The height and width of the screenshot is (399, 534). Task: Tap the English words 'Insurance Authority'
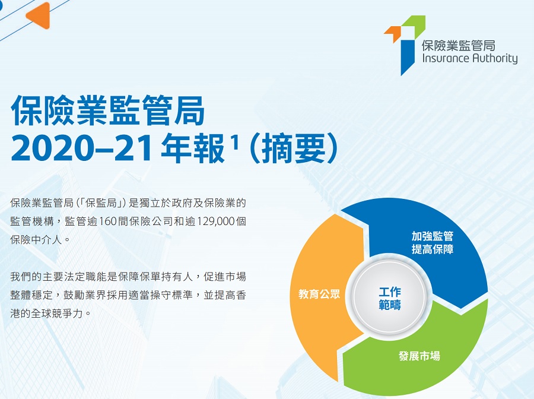470,59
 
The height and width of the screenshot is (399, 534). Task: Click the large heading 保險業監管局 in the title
108,110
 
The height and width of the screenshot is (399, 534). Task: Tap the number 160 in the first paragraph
108,221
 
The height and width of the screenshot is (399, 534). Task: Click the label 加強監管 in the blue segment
433,236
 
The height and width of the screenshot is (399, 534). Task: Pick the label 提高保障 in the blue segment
433,249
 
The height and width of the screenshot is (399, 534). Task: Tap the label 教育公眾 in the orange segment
319,294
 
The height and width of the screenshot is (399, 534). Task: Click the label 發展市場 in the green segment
419,356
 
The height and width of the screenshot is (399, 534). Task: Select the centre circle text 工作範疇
390,299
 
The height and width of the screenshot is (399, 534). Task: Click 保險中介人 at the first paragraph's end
36,240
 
